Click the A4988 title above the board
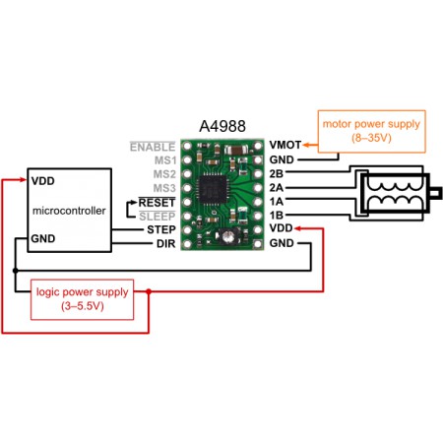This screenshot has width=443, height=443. [221, 128]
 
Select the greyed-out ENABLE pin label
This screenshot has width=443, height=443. [153, 146]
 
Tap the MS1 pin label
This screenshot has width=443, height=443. [164, 159]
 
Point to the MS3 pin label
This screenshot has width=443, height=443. [164, 187]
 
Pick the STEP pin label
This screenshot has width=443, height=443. [160, 228]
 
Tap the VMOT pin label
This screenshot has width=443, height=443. [284, 145]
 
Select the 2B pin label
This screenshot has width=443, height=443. [276, 172]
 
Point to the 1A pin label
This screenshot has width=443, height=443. [276, 201]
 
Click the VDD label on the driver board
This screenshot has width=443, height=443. [280, 228]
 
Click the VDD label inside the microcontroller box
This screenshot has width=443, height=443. [43, 181]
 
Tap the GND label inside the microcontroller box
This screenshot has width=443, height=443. [43, 238]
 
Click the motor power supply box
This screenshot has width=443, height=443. [369, 131]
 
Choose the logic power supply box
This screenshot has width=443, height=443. [69, 299]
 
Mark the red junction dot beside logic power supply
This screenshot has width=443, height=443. [148, 292]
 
